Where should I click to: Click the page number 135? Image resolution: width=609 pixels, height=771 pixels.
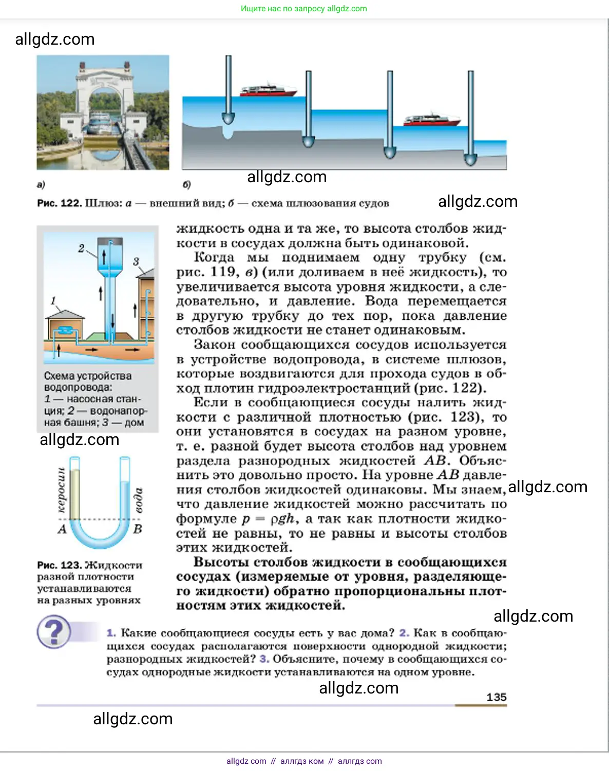496,697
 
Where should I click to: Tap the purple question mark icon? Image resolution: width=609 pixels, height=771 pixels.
54,632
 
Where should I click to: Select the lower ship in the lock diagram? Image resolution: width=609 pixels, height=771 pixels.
432,119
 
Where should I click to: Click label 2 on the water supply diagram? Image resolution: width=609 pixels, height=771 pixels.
81,248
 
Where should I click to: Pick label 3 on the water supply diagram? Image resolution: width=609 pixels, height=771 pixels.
136,261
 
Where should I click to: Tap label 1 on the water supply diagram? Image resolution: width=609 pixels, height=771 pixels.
53,301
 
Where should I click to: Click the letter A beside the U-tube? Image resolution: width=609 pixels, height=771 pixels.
62,529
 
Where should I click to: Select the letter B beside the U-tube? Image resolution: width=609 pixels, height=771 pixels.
138,529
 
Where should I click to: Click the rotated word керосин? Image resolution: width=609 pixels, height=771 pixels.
62,490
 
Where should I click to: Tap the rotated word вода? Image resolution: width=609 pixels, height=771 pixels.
138,500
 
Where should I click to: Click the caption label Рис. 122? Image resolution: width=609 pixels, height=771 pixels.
59,203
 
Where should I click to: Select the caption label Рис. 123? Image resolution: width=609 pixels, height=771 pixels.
59,565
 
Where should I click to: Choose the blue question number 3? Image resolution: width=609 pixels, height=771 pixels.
264,659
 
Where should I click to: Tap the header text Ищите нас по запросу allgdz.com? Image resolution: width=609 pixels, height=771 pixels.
304,9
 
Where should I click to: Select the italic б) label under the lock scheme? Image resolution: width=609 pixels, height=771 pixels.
186,184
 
